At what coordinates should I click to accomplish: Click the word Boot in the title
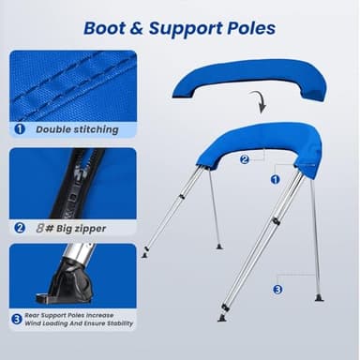pyautogui.click(x=106, y=28)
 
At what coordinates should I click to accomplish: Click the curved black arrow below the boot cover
pyautogui.click(x=261, y=101)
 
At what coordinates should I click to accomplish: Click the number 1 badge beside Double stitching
pyautogui.click(x=20, y=129)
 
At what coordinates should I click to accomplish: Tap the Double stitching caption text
pyautogui.click(x=78, y=129)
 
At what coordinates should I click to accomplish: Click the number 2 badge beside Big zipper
pyautogui.click(x=20, y=226)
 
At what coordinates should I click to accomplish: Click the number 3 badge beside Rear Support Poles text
pyautogui.click(x=18, y=320)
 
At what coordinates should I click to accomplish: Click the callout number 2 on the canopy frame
pyautogui.click(x=245, y=159)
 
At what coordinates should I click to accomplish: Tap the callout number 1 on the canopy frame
pyautogui.click(x=275, y=178)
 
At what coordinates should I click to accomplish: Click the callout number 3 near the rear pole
pyautogui.click(x=277, y=289)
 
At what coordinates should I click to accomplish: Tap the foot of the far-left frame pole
pyautogui.click(x=144, y=253)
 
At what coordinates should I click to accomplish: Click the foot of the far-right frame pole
pyautogui.click(x=319, y=297)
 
